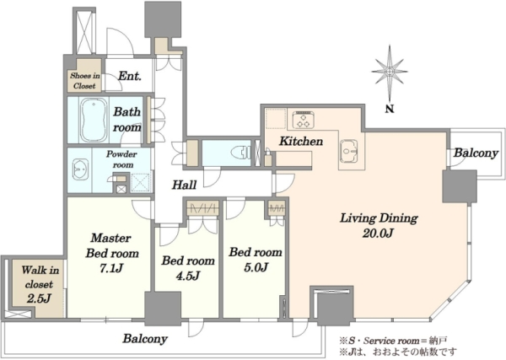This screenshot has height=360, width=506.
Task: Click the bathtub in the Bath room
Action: [94, 120]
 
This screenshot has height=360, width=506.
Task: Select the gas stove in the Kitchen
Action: [304, 119]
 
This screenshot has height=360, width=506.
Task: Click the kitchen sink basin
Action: [347, 151]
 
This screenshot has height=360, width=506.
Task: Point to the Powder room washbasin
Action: [80, 169]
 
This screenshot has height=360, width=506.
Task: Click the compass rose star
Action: [390, 73]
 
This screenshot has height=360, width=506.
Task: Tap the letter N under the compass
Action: [390, 109]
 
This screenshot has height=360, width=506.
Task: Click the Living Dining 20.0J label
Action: [379, 225]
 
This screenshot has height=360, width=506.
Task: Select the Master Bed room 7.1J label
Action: [111, 253]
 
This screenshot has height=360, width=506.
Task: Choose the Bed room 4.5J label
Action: [188, 268]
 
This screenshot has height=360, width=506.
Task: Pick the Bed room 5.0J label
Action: [256, 260]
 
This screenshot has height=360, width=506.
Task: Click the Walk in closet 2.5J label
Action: [40, 284]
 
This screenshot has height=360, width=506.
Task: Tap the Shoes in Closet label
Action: [85, 81]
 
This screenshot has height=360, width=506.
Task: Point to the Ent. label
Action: [129, 76]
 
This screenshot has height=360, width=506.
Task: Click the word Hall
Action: [184, 185]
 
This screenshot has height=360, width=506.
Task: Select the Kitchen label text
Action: [301, 141]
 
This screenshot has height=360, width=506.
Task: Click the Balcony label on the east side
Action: [476, 153]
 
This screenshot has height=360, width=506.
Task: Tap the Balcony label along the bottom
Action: [145, 339]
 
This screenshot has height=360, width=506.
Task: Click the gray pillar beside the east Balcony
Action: [460, 186]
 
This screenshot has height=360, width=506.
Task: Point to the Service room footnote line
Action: [393, 341]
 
